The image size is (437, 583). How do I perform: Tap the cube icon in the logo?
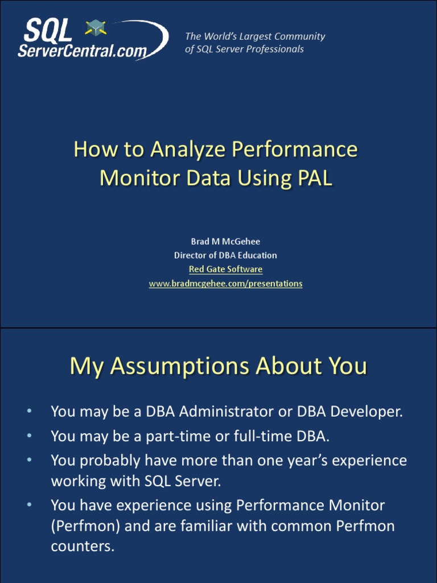coord(96,28)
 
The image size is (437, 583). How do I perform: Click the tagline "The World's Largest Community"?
coord(255,36)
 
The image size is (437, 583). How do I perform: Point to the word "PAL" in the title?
coord(314,178)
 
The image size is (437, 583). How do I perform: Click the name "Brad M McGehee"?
coord(225,241)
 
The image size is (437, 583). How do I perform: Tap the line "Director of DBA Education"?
coord(225,255)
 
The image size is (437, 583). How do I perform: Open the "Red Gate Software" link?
coord(225,269)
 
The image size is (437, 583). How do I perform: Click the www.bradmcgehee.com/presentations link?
coord(225,284)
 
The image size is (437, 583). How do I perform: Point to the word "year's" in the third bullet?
coord(300,460)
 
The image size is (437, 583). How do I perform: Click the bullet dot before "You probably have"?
coord(29,458)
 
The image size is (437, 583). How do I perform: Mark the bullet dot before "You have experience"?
coord(29,504)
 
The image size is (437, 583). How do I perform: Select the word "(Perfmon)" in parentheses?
coord(85,527)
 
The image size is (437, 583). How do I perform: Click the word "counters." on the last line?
coord(83,547)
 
